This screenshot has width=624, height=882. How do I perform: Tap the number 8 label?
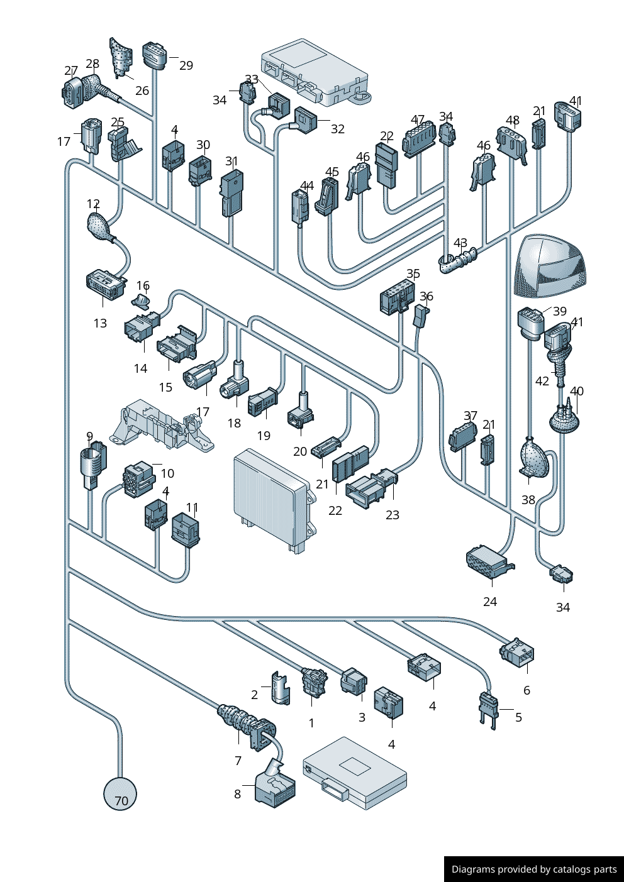click(x=237, y=794)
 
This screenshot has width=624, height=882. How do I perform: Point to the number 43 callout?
click(x=460, y=243)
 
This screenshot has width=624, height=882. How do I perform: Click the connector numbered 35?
click(x=397, y=298)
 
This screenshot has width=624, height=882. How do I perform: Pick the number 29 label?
click(x=186, y=65)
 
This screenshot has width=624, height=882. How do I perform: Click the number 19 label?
click(x=264, y=436)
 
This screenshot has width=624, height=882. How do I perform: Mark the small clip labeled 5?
click(x=488, y=708)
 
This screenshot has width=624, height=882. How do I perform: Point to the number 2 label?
click(x=254, y=695)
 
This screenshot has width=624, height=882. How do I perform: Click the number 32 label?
click(x=338, y=129)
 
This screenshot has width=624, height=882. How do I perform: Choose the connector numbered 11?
click(x=186, y=529)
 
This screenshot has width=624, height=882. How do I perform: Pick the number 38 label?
click(x=528, y=500)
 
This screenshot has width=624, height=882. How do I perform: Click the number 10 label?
click(x=167, y=473)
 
